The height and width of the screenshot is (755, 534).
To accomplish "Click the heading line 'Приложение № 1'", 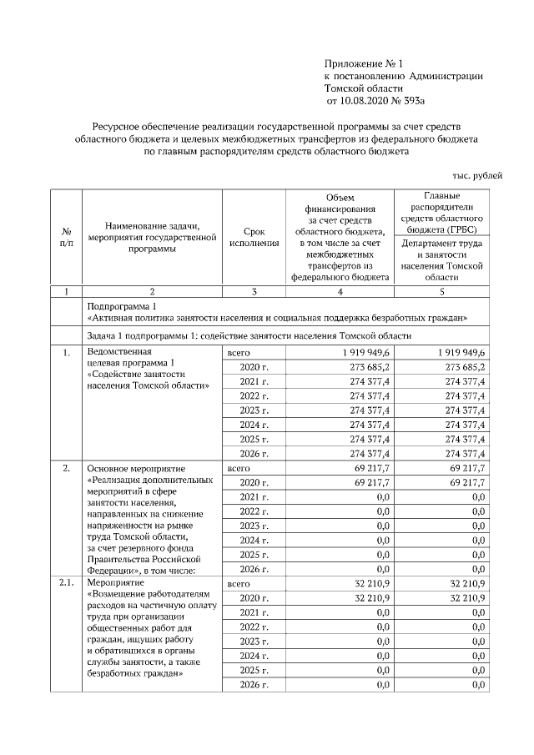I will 363,63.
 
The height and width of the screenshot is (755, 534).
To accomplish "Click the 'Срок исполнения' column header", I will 254,236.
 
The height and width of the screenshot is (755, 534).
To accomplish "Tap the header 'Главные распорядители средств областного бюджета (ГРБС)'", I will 442,212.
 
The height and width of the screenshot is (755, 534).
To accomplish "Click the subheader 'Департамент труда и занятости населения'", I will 442,259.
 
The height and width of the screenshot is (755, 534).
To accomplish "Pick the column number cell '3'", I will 254,291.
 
